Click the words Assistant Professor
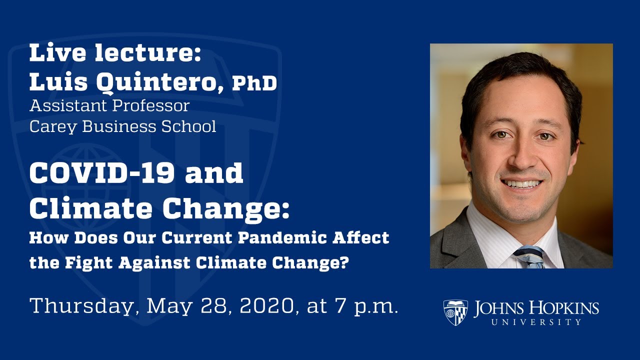tap(109, 105)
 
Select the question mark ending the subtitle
tap(343, 262)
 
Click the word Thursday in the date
tap(82, 305)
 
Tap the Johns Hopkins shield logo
tap(455, 312)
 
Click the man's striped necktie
tap(530, 257)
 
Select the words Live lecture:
tap(115, 53)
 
